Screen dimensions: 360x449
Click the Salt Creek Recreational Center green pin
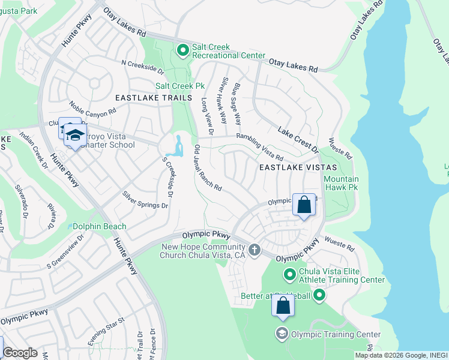[x=183, y=50]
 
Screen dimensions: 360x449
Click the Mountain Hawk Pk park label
[x=341, y=184]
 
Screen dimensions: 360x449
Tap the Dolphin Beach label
[x=100, y=226]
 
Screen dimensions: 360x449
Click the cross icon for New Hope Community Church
[x=255, y=249]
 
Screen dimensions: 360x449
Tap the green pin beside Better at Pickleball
[x=319, y=294]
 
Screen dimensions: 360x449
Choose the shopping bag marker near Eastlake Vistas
[x=304, y=205]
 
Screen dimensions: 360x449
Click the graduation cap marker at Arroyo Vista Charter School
[x=75, y=136]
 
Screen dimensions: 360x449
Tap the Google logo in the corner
[x=20, y=353]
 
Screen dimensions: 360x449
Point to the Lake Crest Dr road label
[x=297, y=138]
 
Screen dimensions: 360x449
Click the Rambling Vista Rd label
[x=259, y=146]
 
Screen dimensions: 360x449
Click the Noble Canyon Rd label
[x=92, y=109]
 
